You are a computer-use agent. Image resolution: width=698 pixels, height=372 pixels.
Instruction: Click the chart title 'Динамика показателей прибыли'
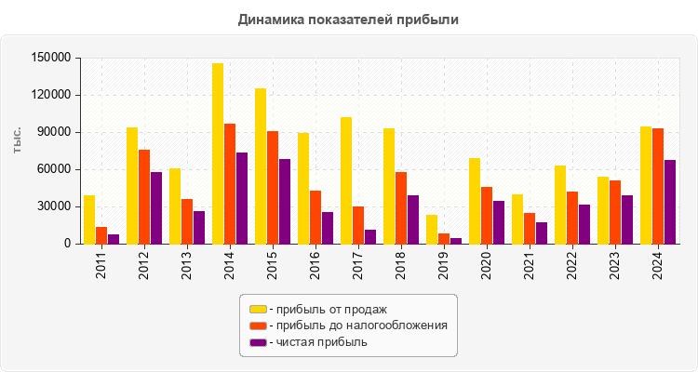(x=348, y=19)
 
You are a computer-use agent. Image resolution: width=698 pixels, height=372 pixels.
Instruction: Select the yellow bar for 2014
(x=217, y=153)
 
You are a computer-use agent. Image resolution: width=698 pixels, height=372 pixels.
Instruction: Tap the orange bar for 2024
(x=658, y=186)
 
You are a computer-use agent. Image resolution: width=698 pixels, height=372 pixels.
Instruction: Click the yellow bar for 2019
(x=431, y=230)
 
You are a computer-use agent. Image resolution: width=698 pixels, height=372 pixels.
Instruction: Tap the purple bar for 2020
(x=499, y=222)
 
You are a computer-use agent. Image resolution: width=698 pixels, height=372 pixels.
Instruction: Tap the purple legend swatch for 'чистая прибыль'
(x=258, y=342)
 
